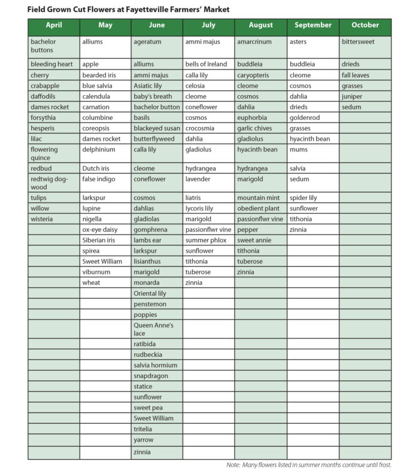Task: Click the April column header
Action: point(54,26)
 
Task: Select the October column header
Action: point(365,26)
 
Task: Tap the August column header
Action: point(260,26)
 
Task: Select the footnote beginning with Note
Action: point(308,465)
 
